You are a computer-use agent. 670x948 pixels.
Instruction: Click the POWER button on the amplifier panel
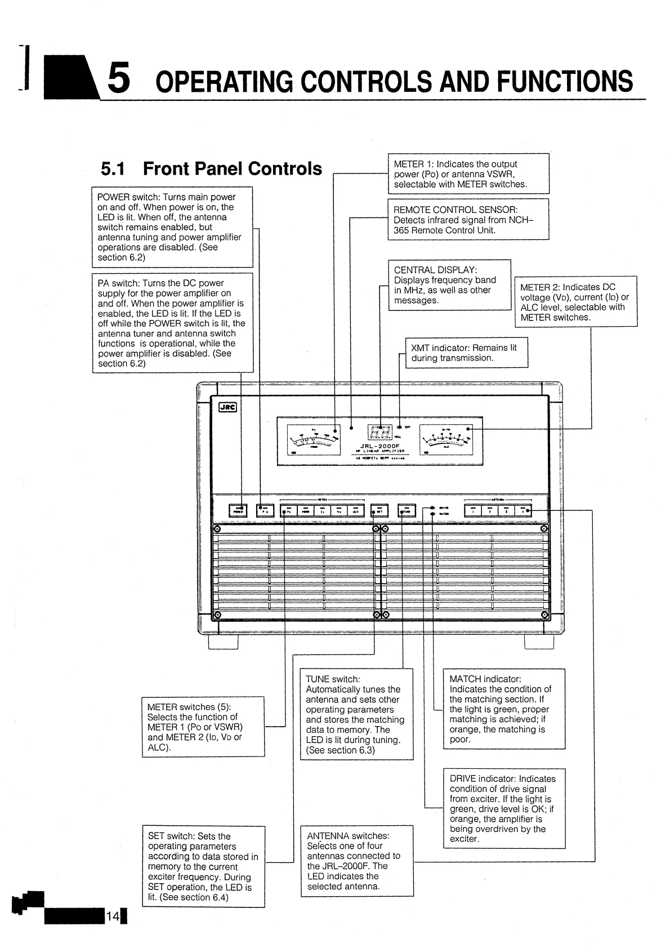238,510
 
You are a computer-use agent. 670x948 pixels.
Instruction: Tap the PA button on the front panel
265,510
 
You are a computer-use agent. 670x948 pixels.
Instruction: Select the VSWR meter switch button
305,510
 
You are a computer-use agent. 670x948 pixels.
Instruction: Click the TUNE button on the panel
407,510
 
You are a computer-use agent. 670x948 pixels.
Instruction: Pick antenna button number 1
473,510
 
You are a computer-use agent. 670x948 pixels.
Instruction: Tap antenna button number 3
507,510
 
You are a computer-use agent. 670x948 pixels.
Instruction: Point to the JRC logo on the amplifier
227,407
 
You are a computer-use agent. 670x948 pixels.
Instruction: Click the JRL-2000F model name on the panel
380,446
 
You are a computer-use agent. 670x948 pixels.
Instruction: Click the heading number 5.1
113,168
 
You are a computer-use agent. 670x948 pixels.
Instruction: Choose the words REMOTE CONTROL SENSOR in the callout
455,210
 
